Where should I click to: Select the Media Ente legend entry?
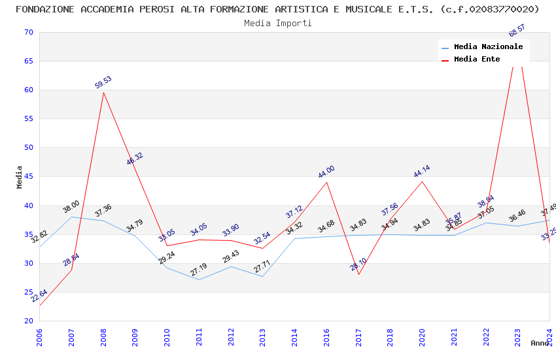pyautogui.click(x=476, y=60)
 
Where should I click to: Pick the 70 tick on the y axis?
pyautogui.click(x=27, y=33)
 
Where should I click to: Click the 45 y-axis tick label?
pyautogui.click(x=27, y=177)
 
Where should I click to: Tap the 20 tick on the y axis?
pyautogui.click(x=27, y=321)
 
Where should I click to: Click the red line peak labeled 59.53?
pyautogui.click(x=103, y=92)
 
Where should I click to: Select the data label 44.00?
pyautogui.click(x=326, y=172)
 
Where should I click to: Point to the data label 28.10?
pyautogui.click(x=358, y=264)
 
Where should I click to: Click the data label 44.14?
pyautogui.click(x=422, y=172)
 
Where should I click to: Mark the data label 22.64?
pyautogui.click(x=39, y=296)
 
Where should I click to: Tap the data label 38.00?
pyautogui.click(x=71, y=207)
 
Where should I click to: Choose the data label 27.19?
pyautogui.click(x=199, y=270)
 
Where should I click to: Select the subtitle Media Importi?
pyautogui.click(x=278, y=24)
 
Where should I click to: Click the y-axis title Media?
pyautogui.click(x=20, y=177)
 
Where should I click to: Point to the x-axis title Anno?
pyautogui.click(x=540, y=343)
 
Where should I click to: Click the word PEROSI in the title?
pyautogui.click(x=136, y=9)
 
